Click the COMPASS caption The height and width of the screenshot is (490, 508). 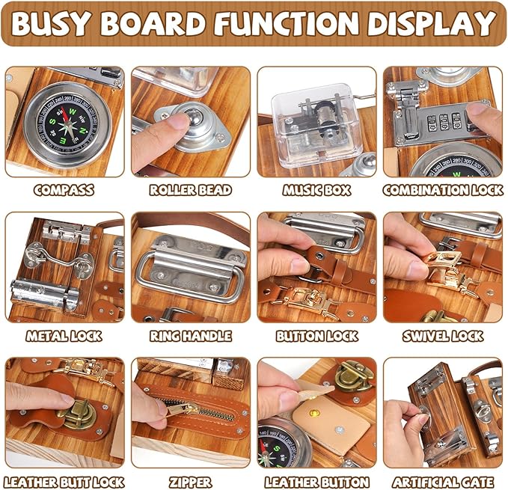pyautogui.click(x=64, y=190)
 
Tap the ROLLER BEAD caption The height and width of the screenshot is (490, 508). pyautogui.click(x=191, y=190)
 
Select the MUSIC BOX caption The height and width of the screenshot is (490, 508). pyautogui.click(x=316, y=190)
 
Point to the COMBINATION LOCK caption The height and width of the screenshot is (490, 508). pyautogui.click(x=443, y=190)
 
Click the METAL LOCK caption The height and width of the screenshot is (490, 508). pyautogui.click(x=64, y=336)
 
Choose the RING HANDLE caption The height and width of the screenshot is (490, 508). pyautogui.click(x=191, y=336)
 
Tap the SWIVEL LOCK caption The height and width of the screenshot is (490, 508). pyautogui.click(x=443, y=336)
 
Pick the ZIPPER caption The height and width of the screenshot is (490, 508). pyautogui.click(x=191, y=482)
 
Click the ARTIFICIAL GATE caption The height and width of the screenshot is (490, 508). pyautogui.click(x=443, y=482)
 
